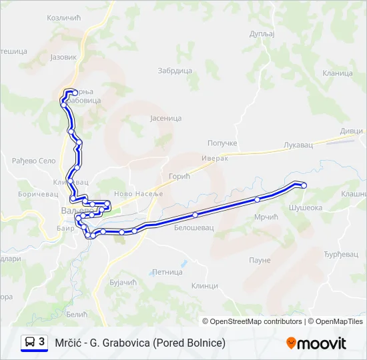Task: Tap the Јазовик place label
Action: coord(64,57)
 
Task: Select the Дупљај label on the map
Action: coord(262,33)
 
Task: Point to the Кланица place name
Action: coord(337,73)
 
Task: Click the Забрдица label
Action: coord(175,71)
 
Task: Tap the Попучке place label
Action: coord(222,143)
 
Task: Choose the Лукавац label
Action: coord(298,144)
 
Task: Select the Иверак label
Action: coord(214,158)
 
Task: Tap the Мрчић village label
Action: coord(266,217)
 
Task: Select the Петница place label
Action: coord(167,272)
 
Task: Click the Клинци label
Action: coord(204,285)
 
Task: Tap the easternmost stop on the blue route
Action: coord(304,185)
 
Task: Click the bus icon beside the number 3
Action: coord(31,342)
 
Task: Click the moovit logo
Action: coord(316,343)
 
